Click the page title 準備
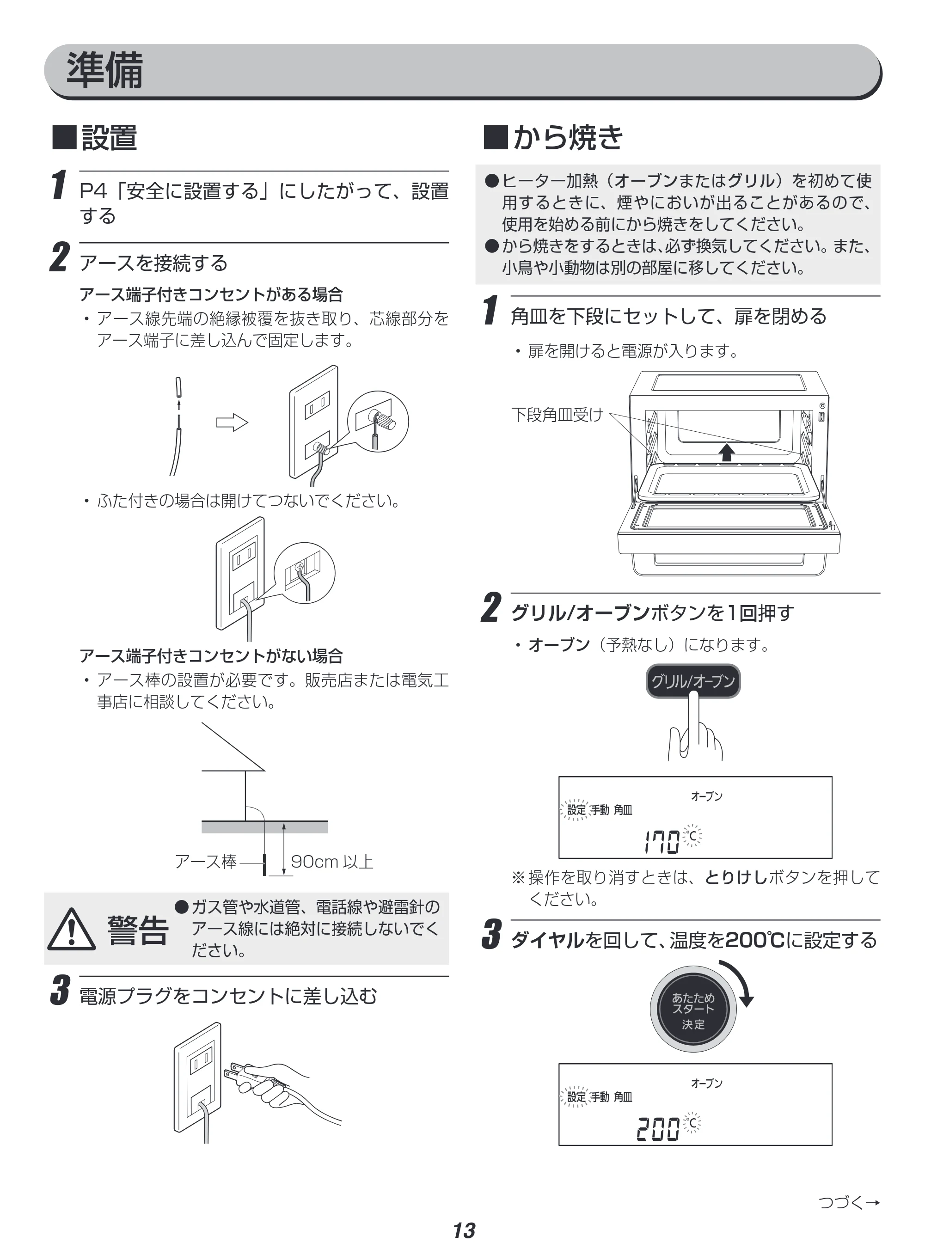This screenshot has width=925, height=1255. coord(105,71)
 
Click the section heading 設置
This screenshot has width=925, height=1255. coord(109,138)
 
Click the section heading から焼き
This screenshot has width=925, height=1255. coord(568,138)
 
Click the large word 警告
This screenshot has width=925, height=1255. coord(138,931)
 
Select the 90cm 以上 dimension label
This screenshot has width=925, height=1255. coord(332,862)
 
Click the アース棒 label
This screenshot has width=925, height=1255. coord(206,862)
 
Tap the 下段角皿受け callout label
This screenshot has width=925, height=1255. coord(557,415)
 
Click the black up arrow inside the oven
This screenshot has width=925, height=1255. coord(727,451)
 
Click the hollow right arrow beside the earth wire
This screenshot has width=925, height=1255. coord(232,422)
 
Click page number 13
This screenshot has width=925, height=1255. coord(464,1231)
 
